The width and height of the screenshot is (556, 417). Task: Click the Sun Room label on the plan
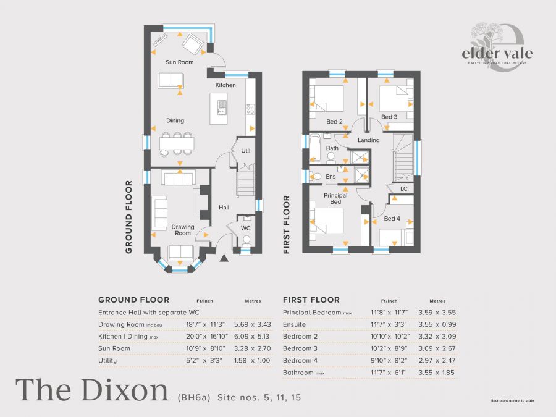[179, 62]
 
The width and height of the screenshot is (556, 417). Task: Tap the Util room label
[245, 151]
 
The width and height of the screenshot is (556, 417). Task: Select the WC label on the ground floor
[245, 228]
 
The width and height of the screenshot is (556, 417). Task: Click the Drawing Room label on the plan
[183, 230]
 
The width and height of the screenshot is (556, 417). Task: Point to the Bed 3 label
[389, 117]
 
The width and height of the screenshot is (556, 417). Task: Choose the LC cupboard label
[403, 188]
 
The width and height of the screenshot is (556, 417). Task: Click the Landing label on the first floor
[369, 140]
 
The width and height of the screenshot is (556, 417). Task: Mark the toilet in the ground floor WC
[245, 245]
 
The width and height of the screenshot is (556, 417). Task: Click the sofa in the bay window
[180, 251]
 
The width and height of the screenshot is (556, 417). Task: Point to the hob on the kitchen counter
[251, 109]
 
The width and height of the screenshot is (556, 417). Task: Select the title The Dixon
[91, 390]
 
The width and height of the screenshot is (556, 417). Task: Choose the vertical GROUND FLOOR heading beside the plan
[129, 217]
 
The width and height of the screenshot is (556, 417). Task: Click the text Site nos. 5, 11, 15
[259, 397]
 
